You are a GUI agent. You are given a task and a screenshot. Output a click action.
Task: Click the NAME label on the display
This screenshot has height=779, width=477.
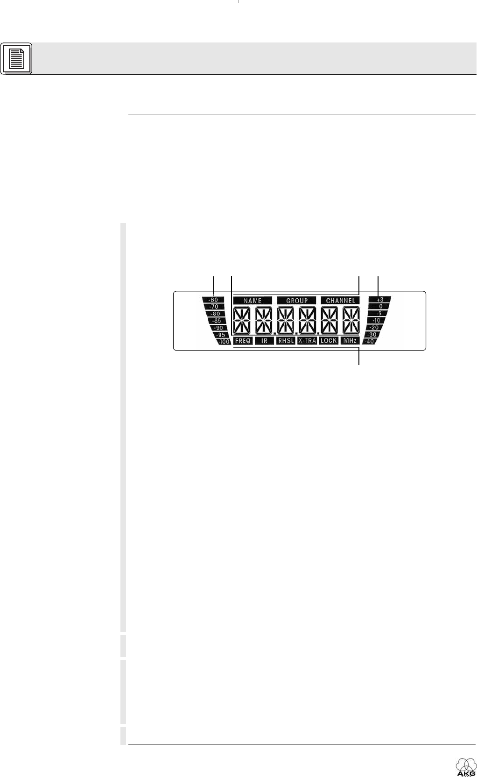[x=253, y=301]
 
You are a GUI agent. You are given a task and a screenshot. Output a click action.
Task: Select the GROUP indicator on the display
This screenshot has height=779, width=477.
[x=296, y=301]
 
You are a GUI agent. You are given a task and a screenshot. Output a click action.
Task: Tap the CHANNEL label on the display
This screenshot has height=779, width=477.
[x=340, y=301]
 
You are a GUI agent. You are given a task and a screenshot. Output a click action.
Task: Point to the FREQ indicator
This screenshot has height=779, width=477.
[x=243, y=341]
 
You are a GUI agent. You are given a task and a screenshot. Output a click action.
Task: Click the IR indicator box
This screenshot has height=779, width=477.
[x=264, y=341]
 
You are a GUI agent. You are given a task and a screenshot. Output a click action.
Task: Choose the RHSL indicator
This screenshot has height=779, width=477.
[x=286, y=341]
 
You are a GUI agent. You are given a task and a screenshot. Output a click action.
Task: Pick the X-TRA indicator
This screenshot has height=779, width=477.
[x=307, y=341]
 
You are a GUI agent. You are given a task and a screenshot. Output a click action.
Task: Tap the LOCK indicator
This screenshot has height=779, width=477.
[x=329, y=341]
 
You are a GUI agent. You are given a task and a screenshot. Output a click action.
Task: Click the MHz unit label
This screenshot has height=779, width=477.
[x=350, y=341]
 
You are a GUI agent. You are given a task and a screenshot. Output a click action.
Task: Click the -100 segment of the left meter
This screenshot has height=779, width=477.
[x=224, y=342]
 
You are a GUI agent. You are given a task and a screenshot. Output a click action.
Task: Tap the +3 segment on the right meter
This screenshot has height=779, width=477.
[x=380, y=300]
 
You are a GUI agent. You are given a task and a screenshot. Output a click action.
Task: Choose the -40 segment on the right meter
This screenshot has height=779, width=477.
[x=372, y=342]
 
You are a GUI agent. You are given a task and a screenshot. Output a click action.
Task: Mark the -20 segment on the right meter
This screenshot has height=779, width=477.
[x=374, y=328]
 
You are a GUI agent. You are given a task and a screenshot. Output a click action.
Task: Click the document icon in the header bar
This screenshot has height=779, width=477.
[x=16, y=59]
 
